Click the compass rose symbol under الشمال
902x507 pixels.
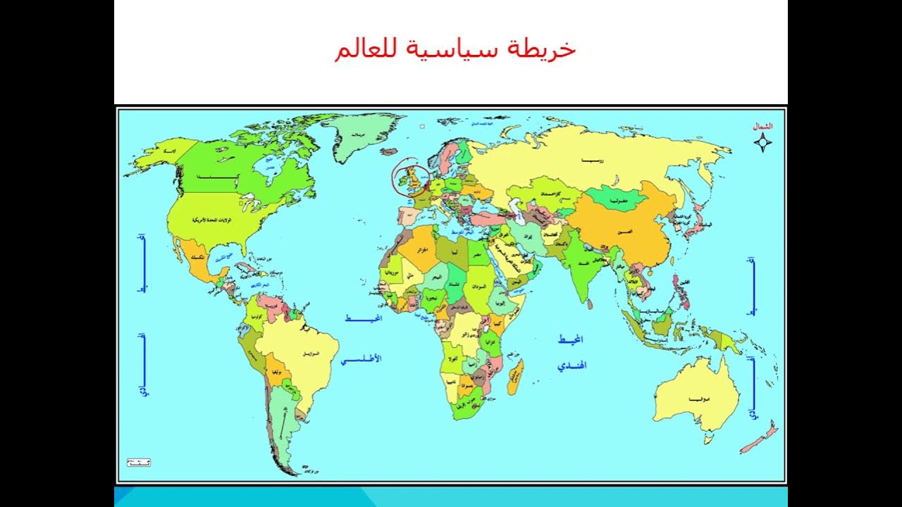point(762,144)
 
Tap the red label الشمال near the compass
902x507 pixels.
point(762,126)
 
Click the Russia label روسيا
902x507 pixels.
point(591,161)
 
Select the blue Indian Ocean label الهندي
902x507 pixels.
point(572,366)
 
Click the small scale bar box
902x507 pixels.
point(138,463)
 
